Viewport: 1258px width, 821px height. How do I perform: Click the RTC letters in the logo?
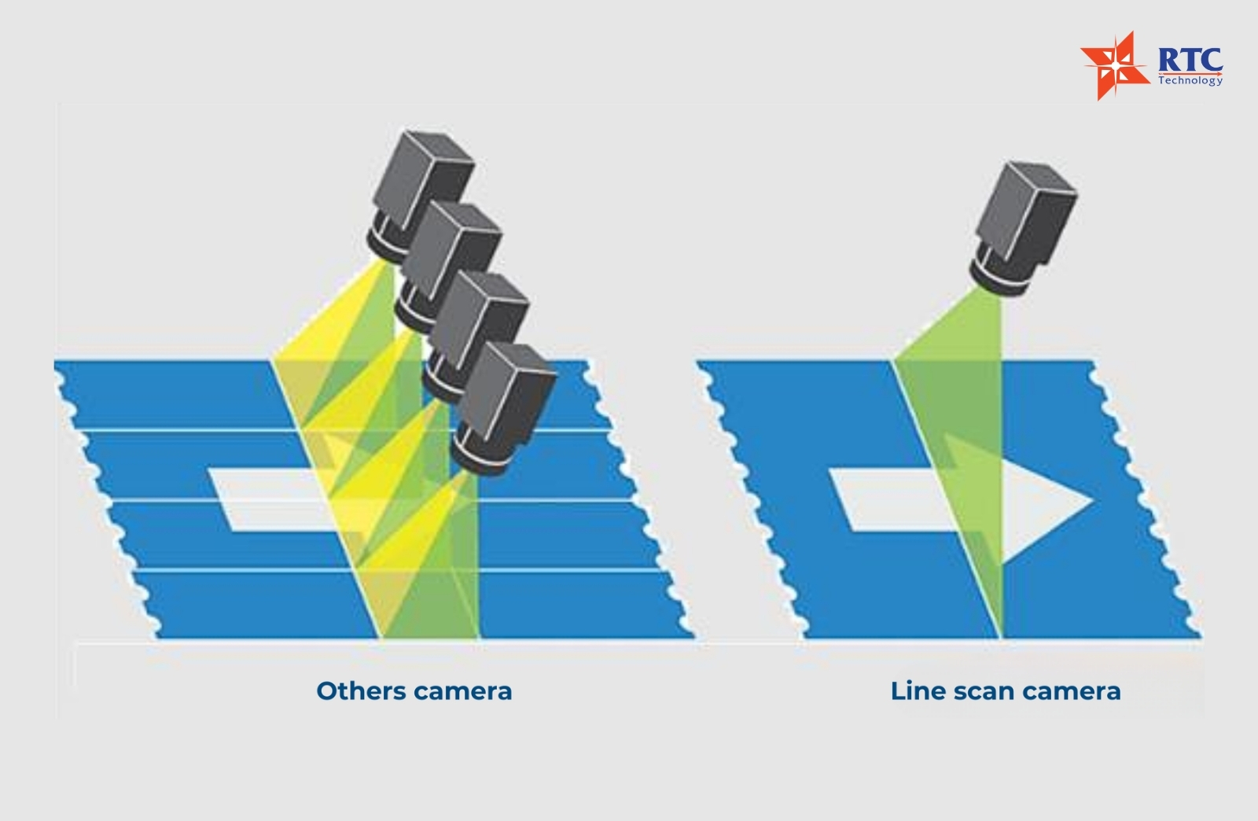[x=1190, y=60]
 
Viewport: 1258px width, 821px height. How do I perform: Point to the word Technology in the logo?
[x=1190, y=79]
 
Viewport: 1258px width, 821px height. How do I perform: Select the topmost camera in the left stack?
[x=420, y=197]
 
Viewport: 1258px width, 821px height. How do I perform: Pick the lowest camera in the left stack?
[x=502, y=407]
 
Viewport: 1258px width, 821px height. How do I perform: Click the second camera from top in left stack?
[x=448, y=267]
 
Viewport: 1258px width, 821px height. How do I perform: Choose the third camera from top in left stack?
[x=476, y=337]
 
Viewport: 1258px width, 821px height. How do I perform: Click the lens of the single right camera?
[x=995, y=275]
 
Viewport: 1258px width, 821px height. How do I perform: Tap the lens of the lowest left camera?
[x=477, y=454]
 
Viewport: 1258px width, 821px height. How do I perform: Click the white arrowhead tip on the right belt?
[x=1092, y=500]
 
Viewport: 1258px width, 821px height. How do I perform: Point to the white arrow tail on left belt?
[x=264, y=500]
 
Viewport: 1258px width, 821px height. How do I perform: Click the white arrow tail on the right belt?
[x=893, y=500]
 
